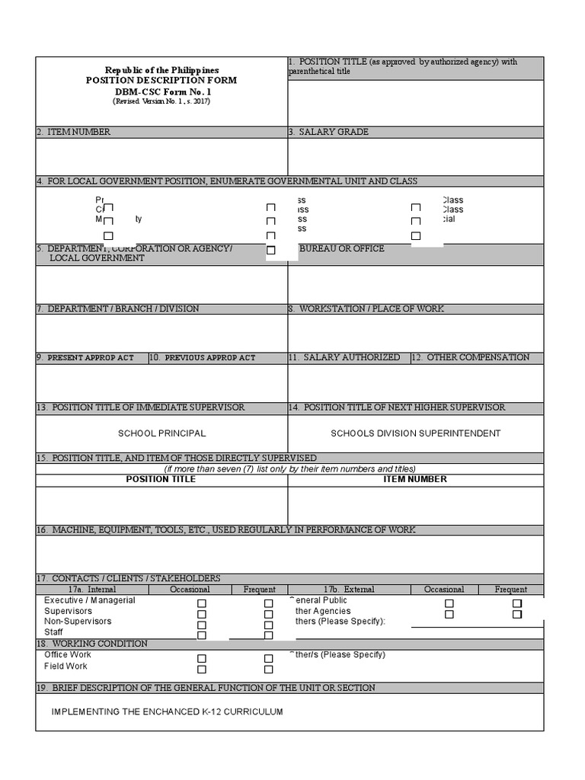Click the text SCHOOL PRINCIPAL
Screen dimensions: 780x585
pos(161,433)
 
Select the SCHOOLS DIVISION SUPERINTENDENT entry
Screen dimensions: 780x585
pos(415,433)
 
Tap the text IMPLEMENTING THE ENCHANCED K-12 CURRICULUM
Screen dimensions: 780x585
pos(167,711)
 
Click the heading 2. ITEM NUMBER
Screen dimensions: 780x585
pos(73,132)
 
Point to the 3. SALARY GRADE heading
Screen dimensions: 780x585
pos(328,132)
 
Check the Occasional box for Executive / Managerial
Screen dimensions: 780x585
pos(202,603)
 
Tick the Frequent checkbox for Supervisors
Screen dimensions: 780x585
pos(269,614)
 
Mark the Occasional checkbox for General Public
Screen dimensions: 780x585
pos(449,603)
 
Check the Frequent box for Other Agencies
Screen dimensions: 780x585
pos(516,614)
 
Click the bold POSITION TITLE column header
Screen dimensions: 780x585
pos(161,479)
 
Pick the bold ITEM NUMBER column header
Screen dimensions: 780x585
pos(415,479)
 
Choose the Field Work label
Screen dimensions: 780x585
pos(66,667)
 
